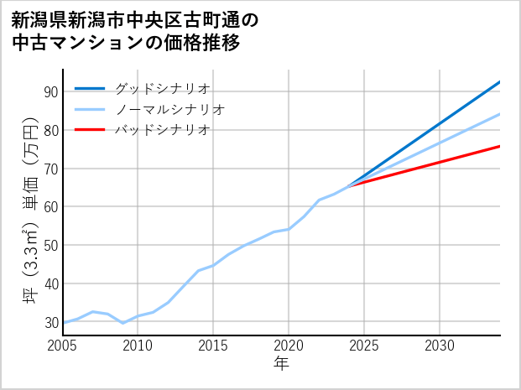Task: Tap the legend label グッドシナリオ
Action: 161,88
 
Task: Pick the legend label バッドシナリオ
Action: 161,130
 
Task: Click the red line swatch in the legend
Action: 90,130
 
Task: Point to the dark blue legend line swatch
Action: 90,88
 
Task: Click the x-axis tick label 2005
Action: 63,346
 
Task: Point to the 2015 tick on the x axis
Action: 213,346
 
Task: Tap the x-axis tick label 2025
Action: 364,346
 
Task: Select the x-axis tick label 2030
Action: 440,346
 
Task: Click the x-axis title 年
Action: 282,364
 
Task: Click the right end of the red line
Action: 500,146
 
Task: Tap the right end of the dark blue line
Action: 500,81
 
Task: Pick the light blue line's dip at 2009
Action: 123,323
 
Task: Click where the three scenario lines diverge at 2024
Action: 349,185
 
